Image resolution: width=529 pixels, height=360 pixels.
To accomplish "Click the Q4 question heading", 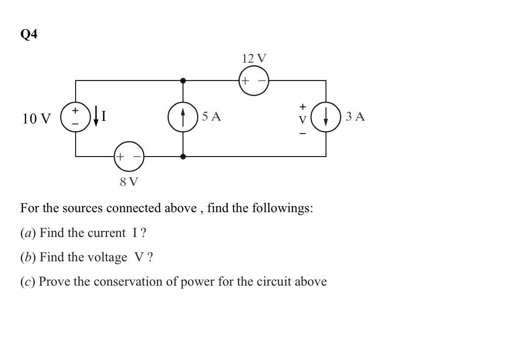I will pyautogui.click(x=29, y=34).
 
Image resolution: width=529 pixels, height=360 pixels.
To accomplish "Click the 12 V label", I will pyautogui.click(x=254, y=58).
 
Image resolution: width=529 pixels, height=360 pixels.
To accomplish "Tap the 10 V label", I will pyautogui.click(x=37, y=118).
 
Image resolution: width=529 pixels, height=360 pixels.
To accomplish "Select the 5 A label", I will pyautogui.click(x=212, y=117).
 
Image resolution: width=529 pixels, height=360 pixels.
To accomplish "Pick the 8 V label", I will pyautogui.click(x=129, y=182).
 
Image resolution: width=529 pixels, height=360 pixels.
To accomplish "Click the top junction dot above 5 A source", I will pyautogui.click(x=183, y=80).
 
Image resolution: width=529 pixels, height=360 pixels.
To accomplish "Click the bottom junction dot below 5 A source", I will pyautogui.click(x=183, y=157).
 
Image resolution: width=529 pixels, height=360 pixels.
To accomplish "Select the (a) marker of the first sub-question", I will pyautogui.click(x=28, y=233).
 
